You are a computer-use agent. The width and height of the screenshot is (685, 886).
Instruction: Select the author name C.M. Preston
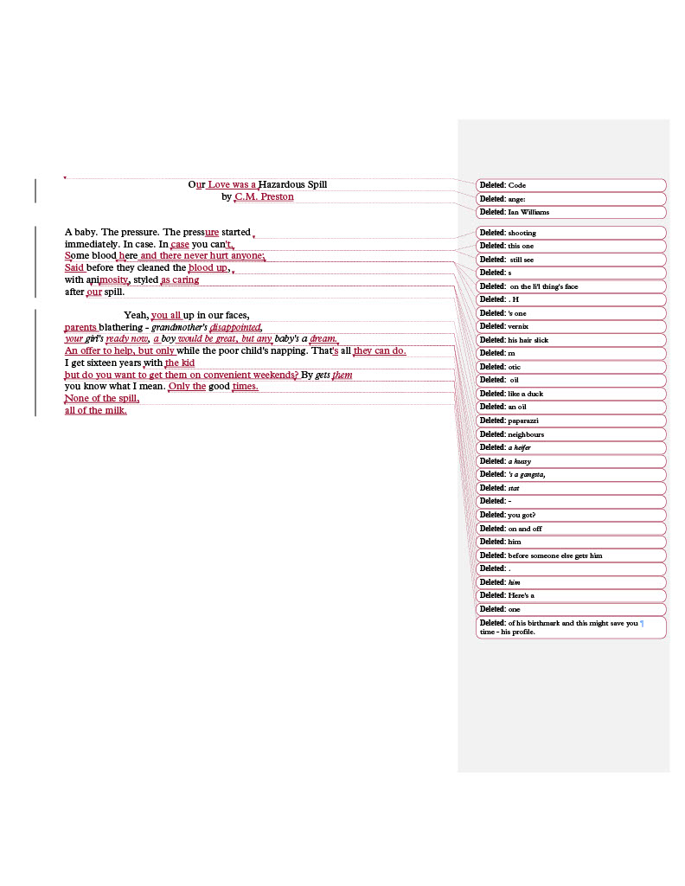(x=264, y=196)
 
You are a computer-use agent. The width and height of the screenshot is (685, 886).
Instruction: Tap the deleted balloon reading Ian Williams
(x=571, y=212)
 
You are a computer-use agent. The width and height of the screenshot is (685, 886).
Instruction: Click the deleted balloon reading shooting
(x=571, y=233)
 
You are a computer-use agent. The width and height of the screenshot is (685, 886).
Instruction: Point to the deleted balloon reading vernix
(x=571, y=326)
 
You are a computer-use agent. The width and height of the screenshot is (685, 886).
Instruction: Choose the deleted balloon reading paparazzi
(x=571, y=421)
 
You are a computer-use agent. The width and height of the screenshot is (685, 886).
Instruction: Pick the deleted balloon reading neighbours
(x=571, y=434)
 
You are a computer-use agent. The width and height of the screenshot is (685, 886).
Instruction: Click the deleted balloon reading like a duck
(x=571, y=394)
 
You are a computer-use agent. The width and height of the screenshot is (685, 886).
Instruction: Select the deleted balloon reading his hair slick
(x=571, y=340)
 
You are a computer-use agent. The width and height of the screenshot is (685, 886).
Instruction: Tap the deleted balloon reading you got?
(x=571, y=515)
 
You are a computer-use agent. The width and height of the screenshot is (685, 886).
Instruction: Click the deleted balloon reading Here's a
(x=571, y=595)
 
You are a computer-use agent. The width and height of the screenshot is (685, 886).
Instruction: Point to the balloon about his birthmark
(x=571, y=627)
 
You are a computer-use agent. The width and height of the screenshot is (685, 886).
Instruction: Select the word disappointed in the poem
(x=235, y=327)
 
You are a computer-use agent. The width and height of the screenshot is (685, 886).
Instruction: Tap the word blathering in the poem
(x=120, y=327)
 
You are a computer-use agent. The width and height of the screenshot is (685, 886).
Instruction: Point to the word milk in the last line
(x=115, y=410)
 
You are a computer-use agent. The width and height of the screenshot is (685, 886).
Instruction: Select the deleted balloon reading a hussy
(x=571, y=461)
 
